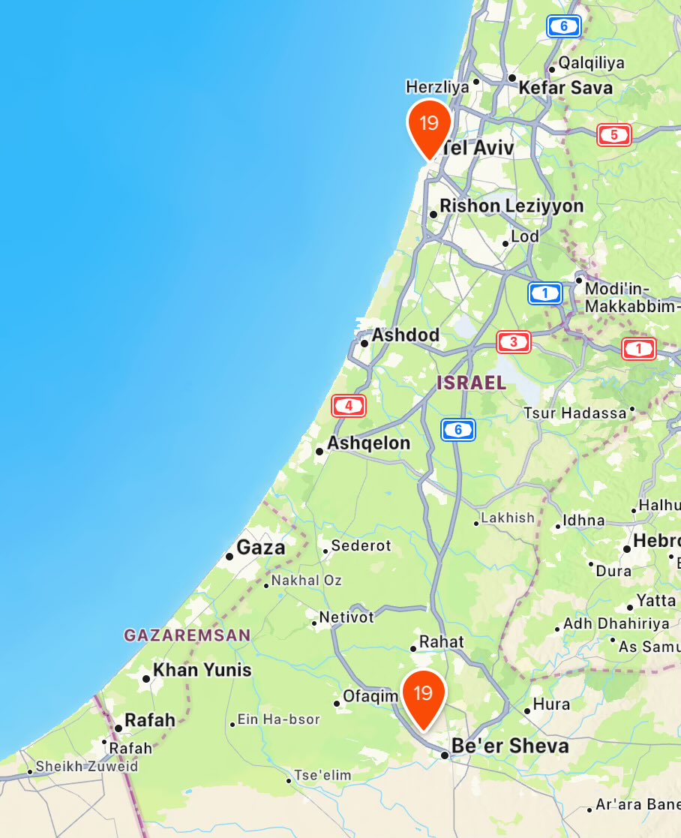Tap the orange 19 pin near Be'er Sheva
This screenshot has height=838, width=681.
(424, 695)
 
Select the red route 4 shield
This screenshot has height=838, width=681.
(349, 406)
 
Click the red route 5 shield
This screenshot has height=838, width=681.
(613, 136)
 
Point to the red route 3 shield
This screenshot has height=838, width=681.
(514, 343)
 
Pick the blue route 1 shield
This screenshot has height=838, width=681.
(545, 293)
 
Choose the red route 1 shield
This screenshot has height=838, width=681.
(638, 348)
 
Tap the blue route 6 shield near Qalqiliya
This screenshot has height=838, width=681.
(564, 27)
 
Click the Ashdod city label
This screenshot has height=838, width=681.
(406, 335)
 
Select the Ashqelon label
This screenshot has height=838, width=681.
(369, 443)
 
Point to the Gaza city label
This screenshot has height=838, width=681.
(261, 548)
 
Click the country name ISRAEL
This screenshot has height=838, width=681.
(472, 383)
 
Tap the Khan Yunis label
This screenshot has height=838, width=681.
(202, 670)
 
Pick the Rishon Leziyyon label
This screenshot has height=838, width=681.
(511, 206)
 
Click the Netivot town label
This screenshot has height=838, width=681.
(346, 618)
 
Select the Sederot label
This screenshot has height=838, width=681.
(361, 545)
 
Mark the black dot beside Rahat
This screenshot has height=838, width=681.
(413, 648)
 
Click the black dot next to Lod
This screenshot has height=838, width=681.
(505, 243)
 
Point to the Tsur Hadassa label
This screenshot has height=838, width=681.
(574, 413)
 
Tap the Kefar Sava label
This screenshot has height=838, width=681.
(565, 88)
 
